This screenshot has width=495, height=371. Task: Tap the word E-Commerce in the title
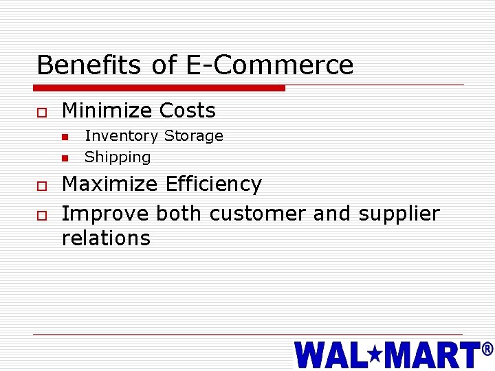pyautogui.click(x=269, y=65)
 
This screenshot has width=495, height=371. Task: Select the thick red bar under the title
pyautogui.click(x=159, y=88)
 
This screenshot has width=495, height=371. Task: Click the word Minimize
pyautogui.click(x=107, y=111)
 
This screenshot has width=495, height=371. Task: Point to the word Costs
pyautogui.click(x=187, y=111)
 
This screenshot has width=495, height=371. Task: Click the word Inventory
pyautogui.click(x=122, y=136)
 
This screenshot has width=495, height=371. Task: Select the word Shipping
pyautogui.click(x=118, y=157)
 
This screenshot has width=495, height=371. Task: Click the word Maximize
pyautogui.click(x=110, y=184)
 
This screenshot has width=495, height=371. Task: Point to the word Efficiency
pyautogui.click(x=214, y=184)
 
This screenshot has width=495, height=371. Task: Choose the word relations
pyautogui.click(x=106, y=238)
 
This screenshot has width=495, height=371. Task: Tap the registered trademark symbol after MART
pyautogui.click(x=487, y=349)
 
